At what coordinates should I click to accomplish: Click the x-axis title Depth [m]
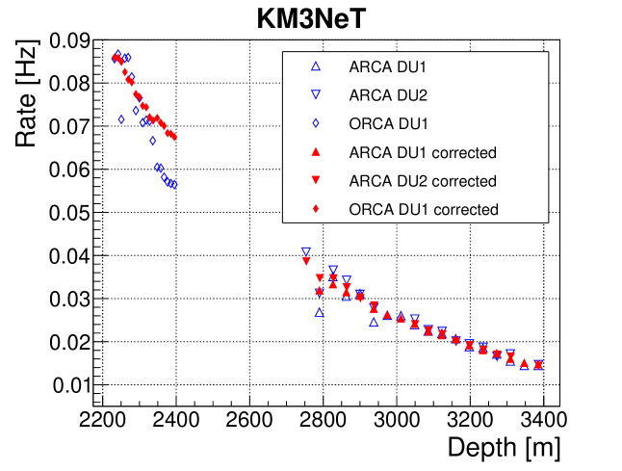(x=503, y=447)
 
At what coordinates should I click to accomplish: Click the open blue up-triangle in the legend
(x=316, y=66)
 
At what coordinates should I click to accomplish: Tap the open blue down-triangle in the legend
(x=316, y=95)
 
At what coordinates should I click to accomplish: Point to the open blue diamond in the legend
(x=316, y=123)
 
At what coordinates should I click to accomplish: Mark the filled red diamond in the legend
(x=316, y=209)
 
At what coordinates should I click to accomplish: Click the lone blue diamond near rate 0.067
(x=152, y=141)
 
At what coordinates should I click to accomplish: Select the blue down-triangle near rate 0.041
(x=306, y=252)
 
